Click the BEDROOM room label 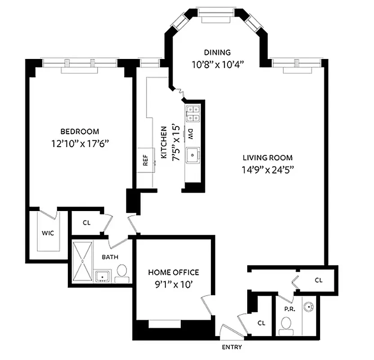(x=80, y=131)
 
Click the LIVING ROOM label (x=267, y=157)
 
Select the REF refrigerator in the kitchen (x=145, y=161)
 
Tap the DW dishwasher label (x=191, y=133)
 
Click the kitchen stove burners (x=193, y=113)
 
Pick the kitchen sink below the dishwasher (x=194, y=154)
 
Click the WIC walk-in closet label (x=48, y=234)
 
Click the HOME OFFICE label (x=173, y=272)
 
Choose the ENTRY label (x=232, y=347)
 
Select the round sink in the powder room (x=308, y=307)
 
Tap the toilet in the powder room (x=286, y=325)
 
